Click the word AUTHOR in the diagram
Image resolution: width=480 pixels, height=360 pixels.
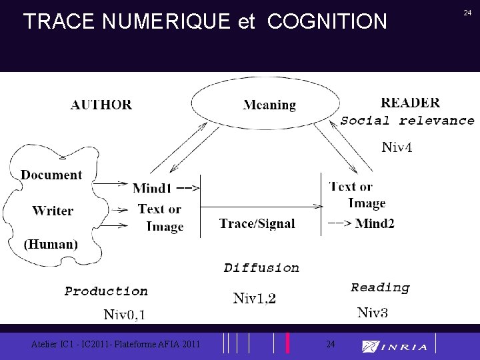[101, 105]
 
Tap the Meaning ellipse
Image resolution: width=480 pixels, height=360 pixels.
[269, 105]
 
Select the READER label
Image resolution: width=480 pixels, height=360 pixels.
[410, 103]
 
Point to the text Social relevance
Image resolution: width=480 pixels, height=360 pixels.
[407, 121]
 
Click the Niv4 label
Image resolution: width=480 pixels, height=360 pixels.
[397, 147]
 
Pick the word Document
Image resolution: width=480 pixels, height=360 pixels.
[51, 175]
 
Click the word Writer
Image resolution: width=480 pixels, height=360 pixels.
[53, 211]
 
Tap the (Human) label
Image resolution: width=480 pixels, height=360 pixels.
[51, 244]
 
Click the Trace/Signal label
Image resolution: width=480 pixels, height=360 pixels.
[257, 223]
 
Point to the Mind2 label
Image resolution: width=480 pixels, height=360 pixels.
[375, 223]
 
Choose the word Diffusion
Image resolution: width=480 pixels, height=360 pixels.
[261, 268]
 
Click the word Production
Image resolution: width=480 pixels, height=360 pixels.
[106, 291]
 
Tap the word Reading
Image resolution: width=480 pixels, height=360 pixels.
[380, 287]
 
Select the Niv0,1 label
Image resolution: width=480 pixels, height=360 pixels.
[125, 314]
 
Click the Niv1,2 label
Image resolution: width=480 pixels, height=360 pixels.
[255, 298]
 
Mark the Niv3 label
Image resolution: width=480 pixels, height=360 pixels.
[373, 312]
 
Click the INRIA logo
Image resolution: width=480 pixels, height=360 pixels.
[395, 346]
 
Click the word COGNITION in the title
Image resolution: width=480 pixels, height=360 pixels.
[327, 21]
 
